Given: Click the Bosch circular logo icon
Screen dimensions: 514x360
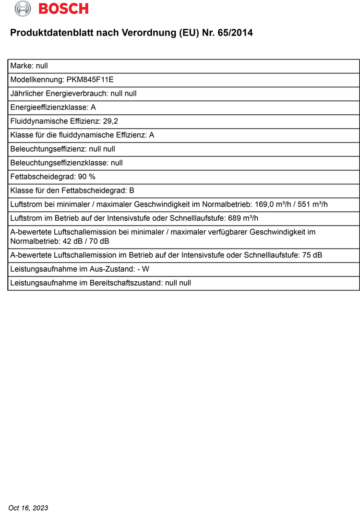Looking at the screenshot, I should [23, 8].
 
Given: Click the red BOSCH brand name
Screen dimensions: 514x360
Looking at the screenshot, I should [63, 9].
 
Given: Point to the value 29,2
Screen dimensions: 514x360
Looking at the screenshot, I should [110, 121].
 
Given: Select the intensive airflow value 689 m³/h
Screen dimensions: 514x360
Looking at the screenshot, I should [243, 218].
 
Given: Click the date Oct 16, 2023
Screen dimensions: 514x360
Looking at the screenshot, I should [28, 508].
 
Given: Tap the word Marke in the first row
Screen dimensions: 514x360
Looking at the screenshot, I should [21, 66].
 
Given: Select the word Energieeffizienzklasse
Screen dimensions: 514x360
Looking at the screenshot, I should [49, 108].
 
